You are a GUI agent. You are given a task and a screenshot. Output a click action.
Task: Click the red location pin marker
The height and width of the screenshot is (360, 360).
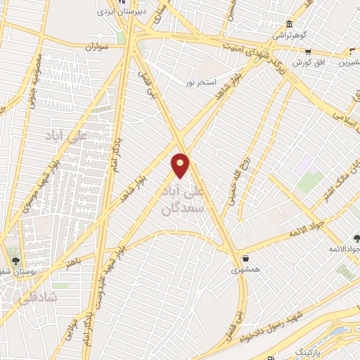[x=181, y=165]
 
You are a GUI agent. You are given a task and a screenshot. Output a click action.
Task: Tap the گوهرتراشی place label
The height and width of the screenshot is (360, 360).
[x=289, y=34]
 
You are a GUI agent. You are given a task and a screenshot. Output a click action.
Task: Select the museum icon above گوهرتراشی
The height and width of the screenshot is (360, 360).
[x=289, y=23]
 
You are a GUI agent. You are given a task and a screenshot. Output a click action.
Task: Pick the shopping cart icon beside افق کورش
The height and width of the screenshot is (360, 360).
[x=307, y=52]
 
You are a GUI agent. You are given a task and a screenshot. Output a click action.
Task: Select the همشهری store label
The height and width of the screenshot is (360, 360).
[x=245, y=269]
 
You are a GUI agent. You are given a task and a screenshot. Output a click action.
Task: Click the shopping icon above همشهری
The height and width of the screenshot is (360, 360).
[x=245, y=258]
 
